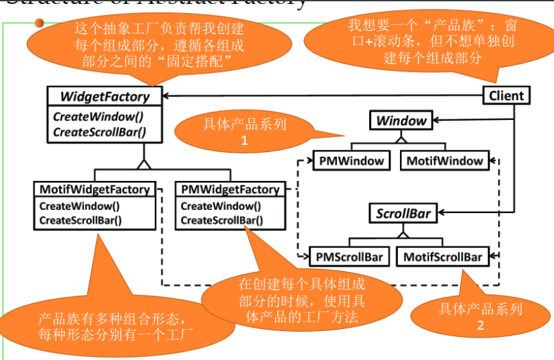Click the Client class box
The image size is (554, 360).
point(506,96)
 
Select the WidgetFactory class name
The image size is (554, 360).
point(105,96)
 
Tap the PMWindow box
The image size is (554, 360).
point(351,161)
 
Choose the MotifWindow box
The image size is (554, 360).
point(444,161)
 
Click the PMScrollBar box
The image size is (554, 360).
point(349,257)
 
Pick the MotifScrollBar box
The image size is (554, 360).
point(443,257)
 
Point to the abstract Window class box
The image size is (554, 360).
point(401,121)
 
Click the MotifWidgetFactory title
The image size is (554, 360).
point(94,190)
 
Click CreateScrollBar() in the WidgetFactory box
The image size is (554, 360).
point(99,132)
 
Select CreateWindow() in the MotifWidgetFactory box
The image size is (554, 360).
point(80,207)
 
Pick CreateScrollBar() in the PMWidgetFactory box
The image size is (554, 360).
point(221,220)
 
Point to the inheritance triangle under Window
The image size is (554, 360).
point(401,137)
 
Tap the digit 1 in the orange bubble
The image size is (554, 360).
point(245,141)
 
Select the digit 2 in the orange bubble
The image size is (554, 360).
point(480,325)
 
